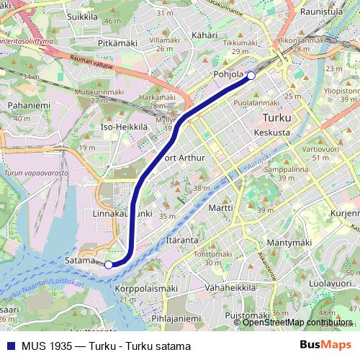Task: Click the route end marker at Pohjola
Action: (x=251, y=76)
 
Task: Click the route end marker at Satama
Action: (x=109, y=264)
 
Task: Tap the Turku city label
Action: (x=277, y=118)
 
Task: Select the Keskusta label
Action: (x=272, y=132)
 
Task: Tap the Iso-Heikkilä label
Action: (x=125, y=127)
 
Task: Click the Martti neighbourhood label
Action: (x=220, y=207)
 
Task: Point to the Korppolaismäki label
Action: (x=146, y=288)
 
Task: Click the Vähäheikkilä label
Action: (x=230, y=287)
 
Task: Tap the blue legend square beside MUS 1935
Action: (x=11, y=346)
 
